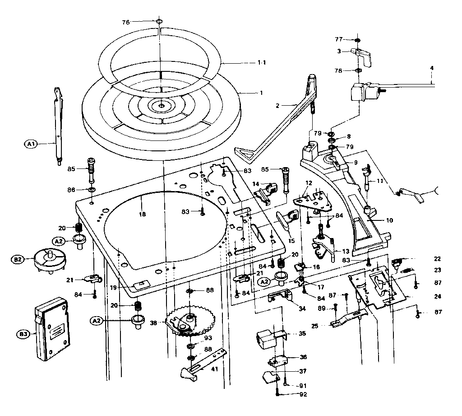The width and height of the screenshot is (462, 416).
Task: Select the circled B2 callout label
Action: tap(17, 259)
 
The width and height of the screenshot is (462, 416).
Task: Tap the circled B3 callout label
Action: tap(23, 334)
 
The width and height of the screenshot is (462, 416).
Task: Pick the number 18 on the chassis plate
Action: tap(143, 215)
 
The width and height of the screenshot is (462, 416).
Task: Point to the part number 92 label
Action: tap(302, 394)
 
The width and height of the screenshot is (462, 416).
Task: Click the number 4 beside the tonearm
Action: tap(431, 68)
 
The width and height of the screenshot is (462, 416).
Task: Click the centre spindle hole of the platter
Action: tap(161, 106)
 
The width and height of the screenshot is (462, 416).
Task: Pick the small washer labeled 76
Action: tap(160, 22)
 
